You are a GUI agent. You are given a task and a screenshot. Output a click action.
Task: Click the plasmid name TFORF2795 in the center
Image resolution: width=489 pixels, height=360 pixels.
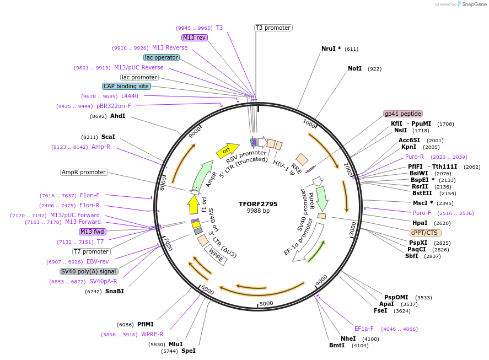click(258, 203)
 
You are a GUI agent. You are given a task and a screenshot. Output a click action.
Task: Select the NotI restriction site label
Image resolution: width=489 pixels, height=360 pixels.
click(354, 69)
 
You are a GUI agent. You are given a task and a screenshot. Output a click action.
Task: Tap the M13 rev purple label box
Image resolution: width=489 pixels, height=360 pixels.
click(194, 37)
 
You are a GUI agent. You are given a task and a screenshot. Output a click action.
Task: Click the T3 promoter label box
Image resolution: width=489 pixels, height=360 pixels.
click(273, 28)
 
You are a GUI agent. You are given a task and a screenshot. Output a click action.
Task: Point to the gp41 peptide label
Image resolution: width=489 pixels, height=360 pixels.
click(403, 114)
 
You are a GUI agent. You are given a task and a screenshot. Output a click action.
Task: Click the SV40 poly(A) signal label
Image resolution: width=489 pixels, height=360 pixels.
click(89, 271)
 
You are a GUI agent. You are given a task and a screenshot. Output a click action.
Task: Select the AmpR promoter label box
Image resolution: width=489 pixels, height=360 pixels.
click(84, 173)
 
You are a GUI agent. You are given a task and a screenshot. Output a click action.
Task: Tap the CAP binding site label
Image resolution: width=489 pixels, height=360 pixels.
click(126, 86)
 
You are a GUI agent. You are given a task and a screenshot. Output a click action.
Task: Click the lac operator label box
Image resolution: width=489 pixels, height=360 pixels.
click(161, 57)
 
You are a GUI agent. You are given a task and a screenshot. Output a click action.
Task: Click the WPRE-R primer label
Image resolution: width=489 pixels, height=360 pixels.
click(152, 334)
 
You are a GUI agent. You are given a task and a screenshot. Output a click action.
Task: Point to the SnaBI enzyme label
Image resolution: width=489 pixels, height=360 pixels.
click(114, 291)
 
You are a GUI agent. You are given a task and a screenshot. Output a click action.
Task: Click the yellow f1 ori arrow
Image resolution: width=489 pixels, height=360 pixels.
click(193, 205)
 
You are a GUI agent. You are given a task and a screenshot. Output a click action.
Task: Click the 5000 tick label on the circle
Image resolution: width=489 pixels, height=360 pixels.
click(266, 303)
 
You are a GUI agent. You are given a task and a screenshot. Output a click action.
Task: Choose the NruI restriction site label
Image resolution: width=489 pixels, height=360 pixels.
click(331, 49)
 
